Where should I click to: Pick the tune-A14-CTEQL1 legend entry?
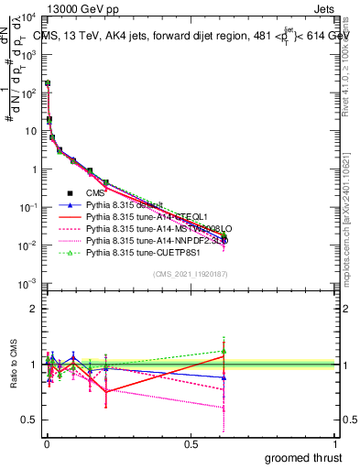[127, 216]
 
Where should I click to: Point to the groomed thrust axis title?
[304, 457]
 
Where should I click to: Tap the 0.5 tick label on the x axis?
[191, 443]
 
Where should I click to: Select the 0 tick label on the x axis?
[46, 443]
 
